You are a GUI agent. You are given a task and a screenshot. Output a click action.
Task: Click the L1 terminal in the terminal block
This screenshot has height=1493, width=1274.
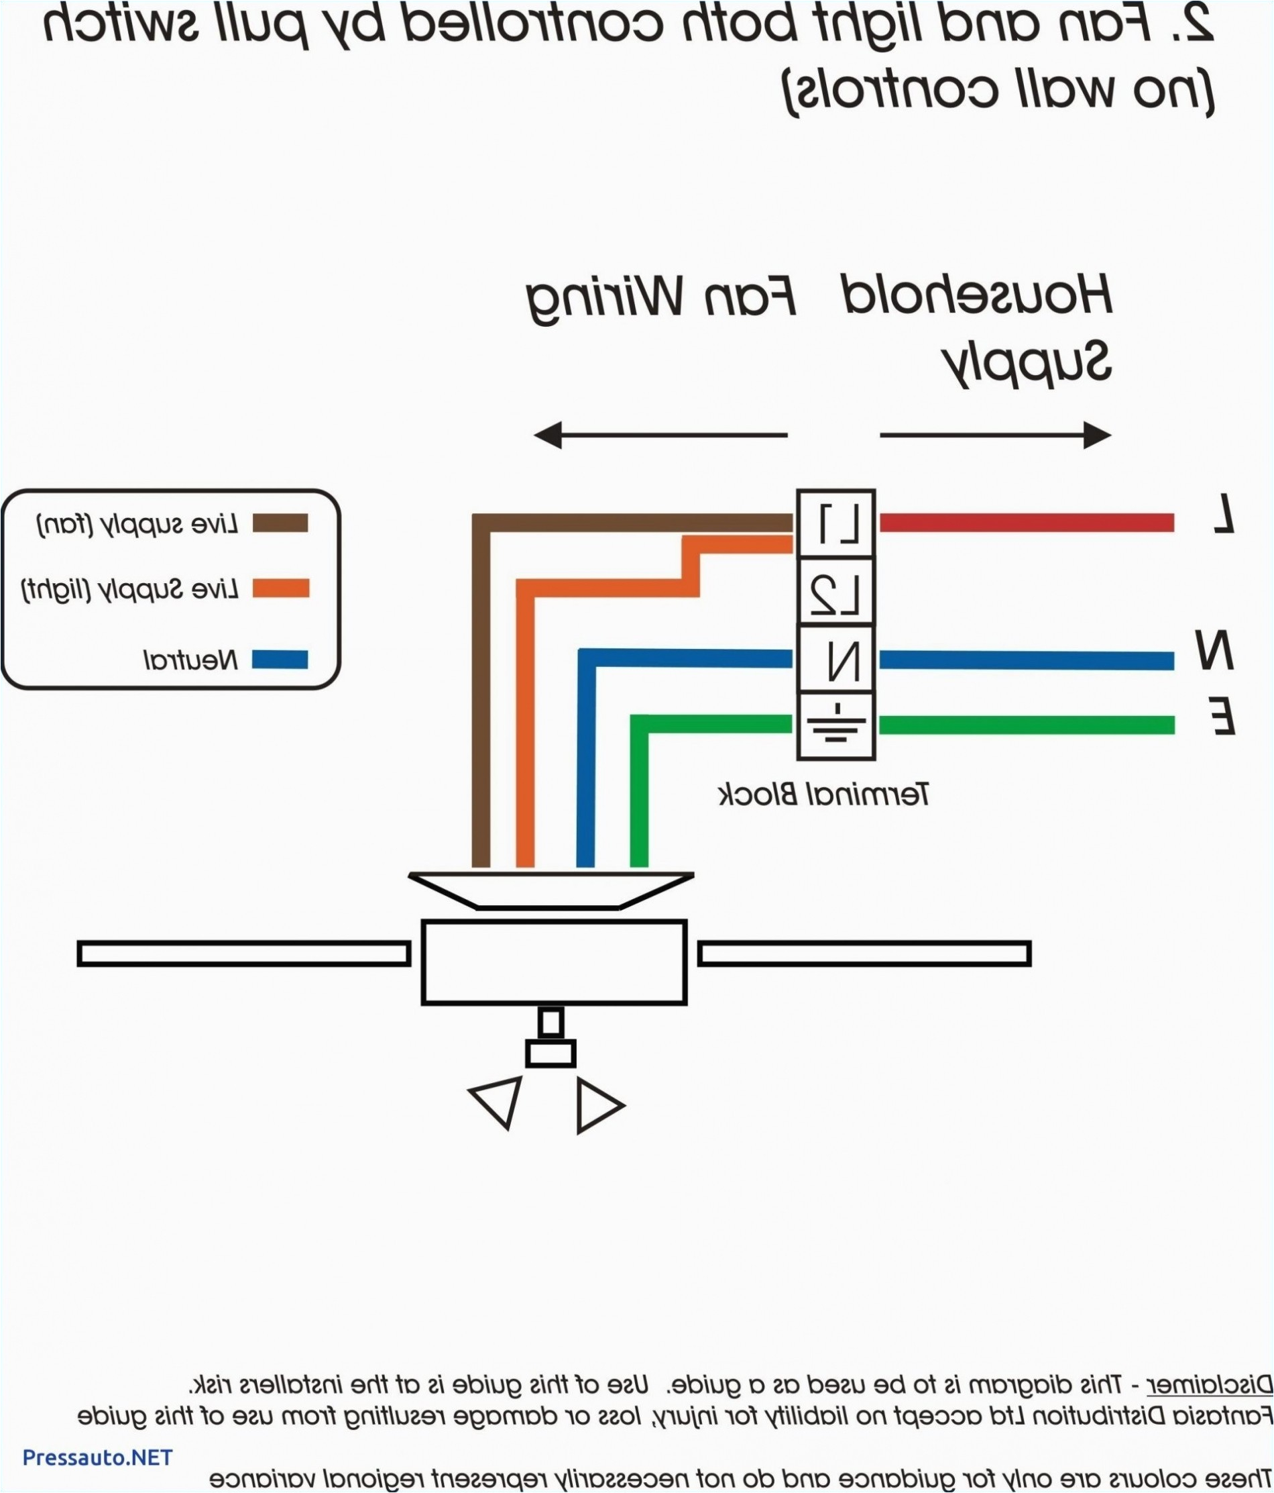835,524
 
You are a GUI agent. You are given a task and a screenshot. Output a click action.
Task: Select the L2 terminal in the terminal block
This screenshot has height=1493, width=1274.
835,593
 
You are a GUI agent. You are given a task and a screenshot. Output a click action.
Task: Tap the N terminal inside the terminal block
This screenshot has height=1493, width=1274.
835,660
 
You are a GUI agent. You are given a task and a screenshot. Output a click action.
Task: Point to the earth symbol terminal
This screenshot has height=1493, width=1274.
835,725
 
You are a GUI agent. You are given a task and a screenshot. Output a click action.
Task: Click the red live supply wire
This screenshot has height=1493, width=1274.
1027,523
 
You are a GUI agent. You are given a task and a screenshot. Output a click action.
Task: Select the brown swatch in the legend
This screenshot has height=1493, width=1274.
280,523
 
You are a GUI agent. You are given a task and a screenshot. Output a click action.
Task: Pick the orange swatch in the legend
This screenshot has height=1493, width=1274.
280,588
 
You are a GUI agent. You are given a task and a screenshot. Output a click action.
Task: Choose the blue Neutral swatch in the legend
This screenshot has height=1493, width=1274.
280,660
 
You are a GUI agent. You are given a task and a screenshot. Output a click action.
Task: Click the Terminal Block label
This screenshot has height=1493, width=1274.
824,794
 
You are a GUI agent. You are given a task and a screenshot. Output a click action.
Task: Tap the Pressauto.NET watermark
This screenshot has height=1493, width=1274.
98,1457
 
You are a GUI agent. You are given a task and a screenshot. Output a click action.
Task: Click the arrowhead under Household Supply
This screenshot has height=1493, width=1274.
1096,435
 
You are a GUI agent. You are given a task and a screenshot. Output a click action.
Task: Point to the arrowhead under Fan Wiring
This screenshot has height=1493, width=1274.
548,435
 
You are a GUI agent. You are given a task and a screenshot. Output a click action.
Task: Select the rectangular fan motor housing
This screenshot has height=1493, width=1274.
554,962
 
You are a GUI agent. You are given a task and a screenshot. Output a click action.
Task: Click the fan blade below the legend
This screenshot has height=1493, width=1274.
243,954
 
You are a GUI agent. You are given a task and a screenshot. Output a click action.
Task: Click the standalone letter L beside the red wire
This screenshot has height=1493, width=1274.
1223,513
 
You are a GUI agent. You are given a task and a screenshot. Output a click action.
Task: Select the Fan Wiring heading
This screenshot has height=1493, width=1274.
661,299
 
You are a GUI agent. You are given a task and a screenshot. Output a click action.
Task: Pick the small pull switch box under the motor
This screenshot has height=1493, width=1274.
551,1053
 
